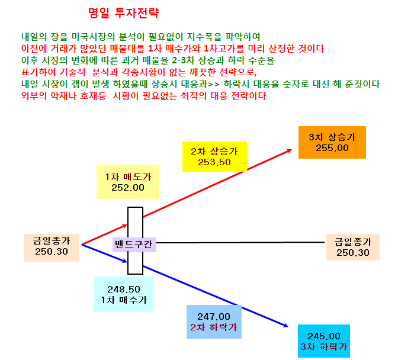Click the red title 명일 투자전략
pyautogui.click(x=124, y=13)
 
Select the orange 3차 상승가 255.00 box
pyautogui.click(x=332, y=142)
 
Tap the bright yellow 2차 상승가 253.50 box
pyautogui.click(x=214, y=156)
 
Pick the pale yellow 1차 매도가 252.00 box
pyautogui.click(x=128, y=182)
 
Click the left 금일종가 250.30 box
pyautogui.click(x=52, y=247)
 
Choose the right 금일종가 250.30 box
pyautogui.click(x=353, y=247)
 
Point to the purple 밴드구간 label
pyautogui.click(x=134, y=245)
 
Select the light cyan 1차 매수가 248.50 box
pyautogui.click(x=124, y=294)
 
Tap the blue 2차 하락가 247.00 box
pyautogui.click(x=214, y=322)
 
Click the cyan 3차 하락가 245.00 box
pyautogui.click(x=324, y=341)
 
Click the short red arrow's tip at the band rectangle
pyautogui.click(x=127, y=225)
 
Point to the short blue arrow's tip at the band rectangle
pyautogui.click(x=127, y=262)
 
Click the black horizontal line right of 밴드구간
pyautogui.click(x=240, y=243)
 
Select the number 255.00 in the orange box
pyautogui.click(x=332, y=148)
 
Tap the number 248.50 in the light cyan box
pyautogui.click(x=124, y=289)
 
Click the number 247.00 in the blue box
pyautogui.click(x=214, y=317)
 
